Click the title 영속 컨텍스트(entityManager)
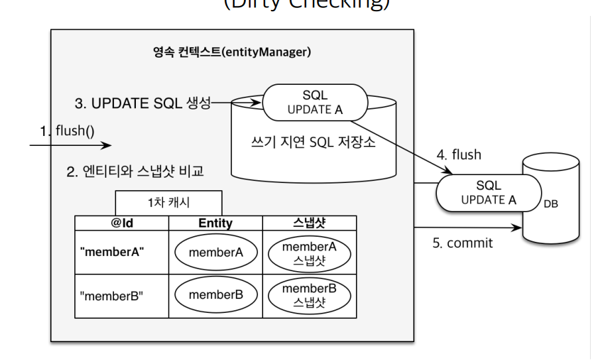[232, 52]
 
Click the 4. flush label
[459, 155]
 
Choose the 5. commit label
[463, 243]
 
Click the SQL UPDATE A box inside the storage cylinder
[315, 103]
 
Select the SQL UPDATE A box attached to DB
[488, 192]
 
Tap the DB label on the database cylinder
[551, 204]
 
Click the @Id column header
[122, 223]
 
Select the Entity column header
[215, 223]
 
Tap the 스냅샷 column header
[310, 223]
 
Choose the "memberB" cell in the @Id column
[111, 295]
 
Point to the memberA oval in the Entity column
[215, 253]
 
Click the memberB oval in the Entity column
[215, 295]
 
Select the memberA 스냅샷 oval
[310, 253]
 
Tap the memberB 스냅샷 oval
[310, 295]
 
